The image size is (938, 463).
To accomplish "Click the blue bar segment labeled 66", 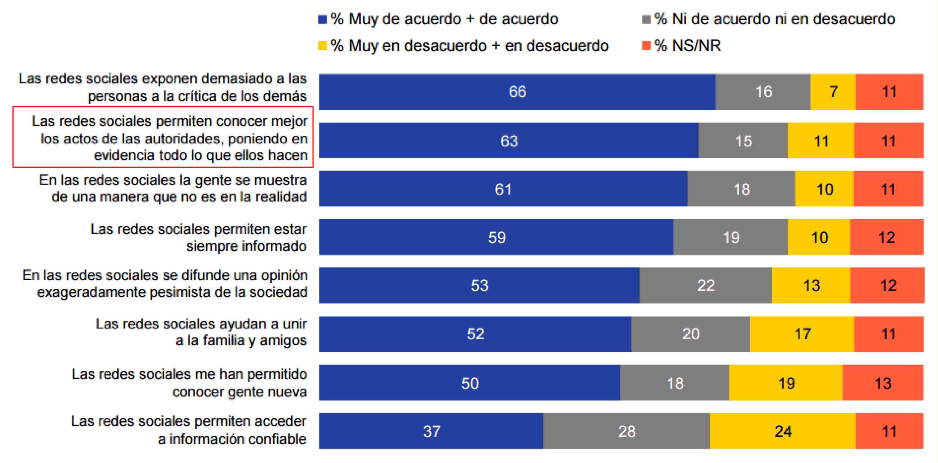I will pyautogui.click(x=517, y=92).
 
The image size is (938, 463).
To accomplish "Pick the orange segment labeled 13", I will pyautogui.click(x=883, y=383).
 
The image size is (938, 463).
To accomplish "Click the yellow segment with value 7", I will pyautogui.click(x=833, y=92).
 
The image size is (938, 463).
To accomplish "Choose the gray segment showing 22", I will pyautogui.click(x=705, y=285).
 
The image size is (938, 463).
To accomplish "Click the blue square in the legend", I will pyautogui.click(x=323, y=19).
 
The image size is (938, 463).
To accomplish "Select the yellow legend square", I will pyautogui.click(x=323, y=46).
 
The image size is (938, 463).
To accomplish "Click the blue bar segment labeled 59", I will pyautogui.click(x=496, y=237).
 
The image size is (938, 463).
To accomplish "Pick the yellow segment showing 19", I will pyautogui.click(x=786, y=383).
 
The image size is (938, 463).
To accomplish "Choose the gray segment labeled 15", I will pyautogui.click(x=743, y=141).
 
